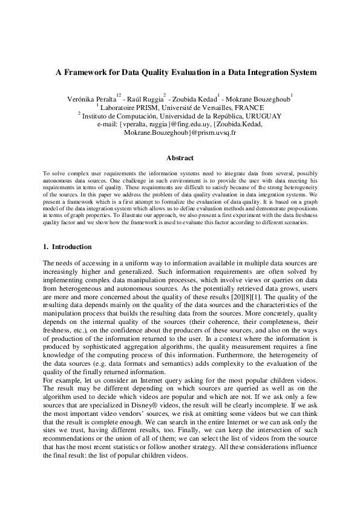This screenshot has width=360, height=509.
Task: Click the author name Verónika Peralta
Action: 91,99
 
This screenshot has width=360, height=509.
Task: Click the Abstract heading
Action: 180,159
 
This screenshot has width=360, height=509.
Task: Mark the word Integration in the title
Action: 266,72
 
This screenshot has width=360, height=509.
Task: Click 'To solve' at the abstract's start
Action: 54,173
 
